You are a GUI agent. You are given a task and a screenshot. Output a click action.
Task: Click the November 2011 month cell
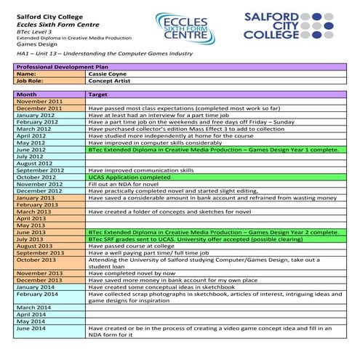(39, 101)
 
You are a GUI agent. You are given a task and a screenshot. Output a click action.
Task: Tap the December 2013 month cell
(39, 279)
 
